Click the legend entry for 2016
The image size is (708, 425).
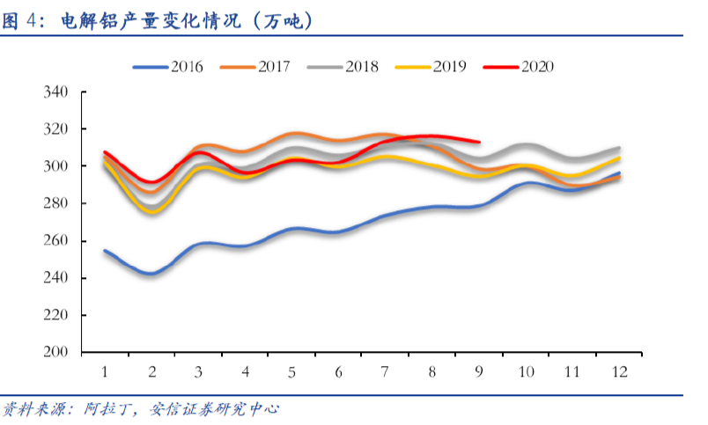point(168,67)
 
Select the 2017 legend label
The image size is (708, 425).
point(255,67)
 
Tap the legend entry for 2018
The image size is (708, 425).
point(343,67)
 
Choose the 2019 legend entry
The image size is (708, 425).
point(431,67)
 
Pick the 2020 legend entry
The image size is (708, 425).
point(519,67)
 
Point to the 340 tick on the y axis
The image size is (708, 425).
point(55,92)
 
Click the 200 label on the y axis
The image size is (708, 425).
point(55,351)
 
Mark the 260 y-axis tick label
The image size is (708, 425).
point(55,240)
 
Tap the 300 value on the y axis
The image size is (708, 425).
point(55,166)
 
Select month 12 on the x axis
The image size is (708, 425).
point(620,371)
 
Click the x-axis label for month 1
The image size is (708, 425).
point(105,371)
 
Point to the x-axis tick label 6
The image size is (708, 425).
point(339,371)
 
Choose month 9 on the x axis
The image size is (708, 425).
point(479,371)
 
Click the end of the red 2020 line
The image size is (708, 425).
point(479,142)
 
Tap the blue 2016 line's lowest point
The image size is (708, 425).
point(151,274)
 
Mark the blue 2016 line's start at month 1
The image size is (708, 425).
point(105,251)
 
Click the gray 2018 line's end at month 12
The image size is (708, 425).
point(619,148)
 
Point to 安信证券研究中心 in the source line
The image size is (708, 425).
point(214,409)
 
